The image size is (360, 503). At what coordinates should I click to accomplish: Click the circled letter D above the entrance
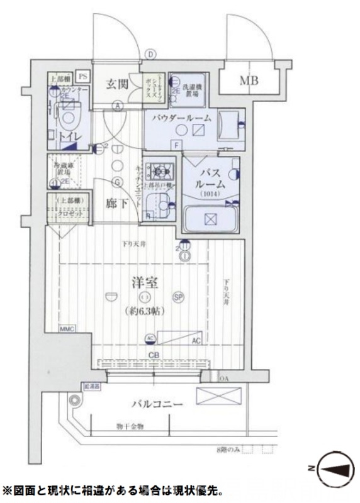150,54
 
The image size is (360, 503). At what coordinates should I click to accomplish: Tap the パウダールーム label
181,118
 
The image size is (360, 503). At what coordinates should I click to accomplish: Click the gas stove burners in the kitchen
161,170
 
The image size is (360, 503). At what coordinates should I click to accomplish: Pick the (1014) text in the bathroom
207,194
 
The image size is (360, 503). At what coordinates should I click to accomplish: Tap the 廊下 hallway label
116,204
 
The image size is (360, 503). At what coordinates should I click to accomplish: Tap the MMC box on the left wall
67,329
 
